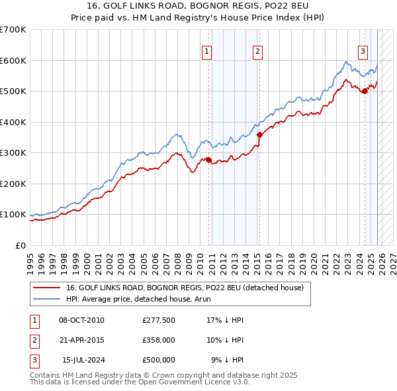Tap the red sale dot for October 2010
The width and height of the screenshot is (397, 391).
pyautogui.click(x=208, y=160)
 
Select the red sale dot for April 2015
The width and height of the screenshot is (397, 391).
pyautogui.click(x=259, y=135)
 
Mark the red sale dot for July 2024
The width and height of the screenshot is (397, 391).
pyautogui.click(x=365, y=91)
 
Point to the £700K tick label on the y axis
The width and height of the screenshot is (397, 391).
pyautogui.click(x=13, y=30)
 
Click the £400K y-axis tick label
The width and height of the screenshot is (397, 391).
pyautogui.click(x=13, y=122)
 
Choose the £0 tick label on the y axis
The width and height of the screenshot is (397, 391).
pyautogui.click(x=21, y=245)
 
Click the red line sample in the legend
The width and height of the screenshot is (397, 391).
pyautogui.click(x=47, y=288)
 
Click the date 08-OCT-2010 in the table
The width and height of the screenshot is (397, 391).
pyautogui.click(x=81, y=320)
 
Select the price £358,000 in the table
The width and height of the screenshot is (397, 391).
pyautogui.click(x=158, y=340)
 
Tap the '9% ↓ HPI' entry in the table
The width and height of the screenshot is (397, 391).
pyautogui.click(x=227, y=360)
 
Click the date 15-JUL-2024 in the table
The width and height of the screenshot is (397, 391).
pyautogui.click(x=83, y=360)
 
